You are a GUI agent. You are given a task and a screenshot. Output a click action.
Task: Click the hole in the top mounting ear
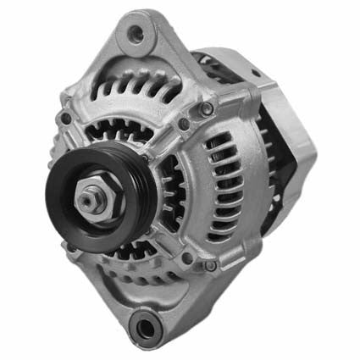click(135, 34)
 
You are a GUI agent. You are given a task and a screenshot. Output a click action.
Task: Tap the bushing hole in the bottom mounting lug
click(146, 324)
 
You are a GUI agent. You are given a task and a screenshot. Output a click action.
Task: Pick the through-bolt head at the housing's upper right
click(206, 108)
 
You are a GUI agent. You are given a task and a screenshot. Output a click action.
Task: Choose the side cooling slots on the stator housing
click(224, 186)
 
